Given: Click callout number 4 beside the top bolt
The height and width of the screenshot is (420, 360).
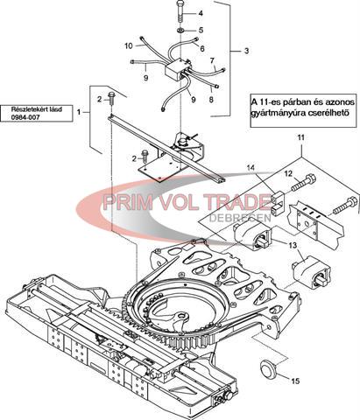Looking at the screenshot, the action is click(201, 13).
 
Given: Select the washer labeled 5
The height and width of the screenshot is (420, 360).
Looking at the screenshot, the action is click(180, 31).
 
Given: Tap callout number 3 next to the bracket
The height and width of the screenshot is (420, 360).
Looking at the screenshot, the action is click(246, 51).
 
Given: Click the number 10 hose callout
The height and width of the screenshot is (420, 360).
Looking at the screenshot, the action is click(129, 46).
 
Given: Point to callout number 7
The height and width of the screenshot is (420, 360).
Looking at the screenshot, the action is click(212, 61).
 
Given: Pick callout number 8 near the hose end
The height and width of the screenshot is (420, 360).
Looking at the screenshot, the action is click(211, 100).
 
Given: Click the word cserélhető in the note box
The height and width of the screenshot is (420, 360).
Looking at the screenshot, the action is click(328, 113).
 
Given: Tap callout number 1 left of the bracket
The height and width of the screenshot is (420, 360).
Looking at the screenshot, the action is click(78, 112).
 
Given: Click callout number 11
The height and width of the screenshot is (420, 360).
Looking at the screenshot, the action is click(300, 137).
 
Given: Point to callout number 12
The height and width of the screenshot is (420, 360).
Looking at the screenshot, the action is click(288, 174).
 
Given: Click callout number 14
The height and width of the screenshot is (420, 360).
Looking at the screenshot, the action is click(251, 168).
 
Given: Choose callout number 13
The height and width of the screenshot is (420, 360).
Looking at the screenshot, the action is click(293, 246).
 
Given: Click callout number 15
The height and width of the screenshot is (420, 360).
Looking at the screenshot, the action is click(295, 381).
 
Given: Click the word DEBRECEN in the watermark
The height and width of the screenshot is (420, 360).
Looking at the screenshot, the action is click(241, 218).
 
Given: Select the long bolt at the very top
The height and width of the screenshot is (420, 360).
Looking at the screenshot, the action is click(180, 11).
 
